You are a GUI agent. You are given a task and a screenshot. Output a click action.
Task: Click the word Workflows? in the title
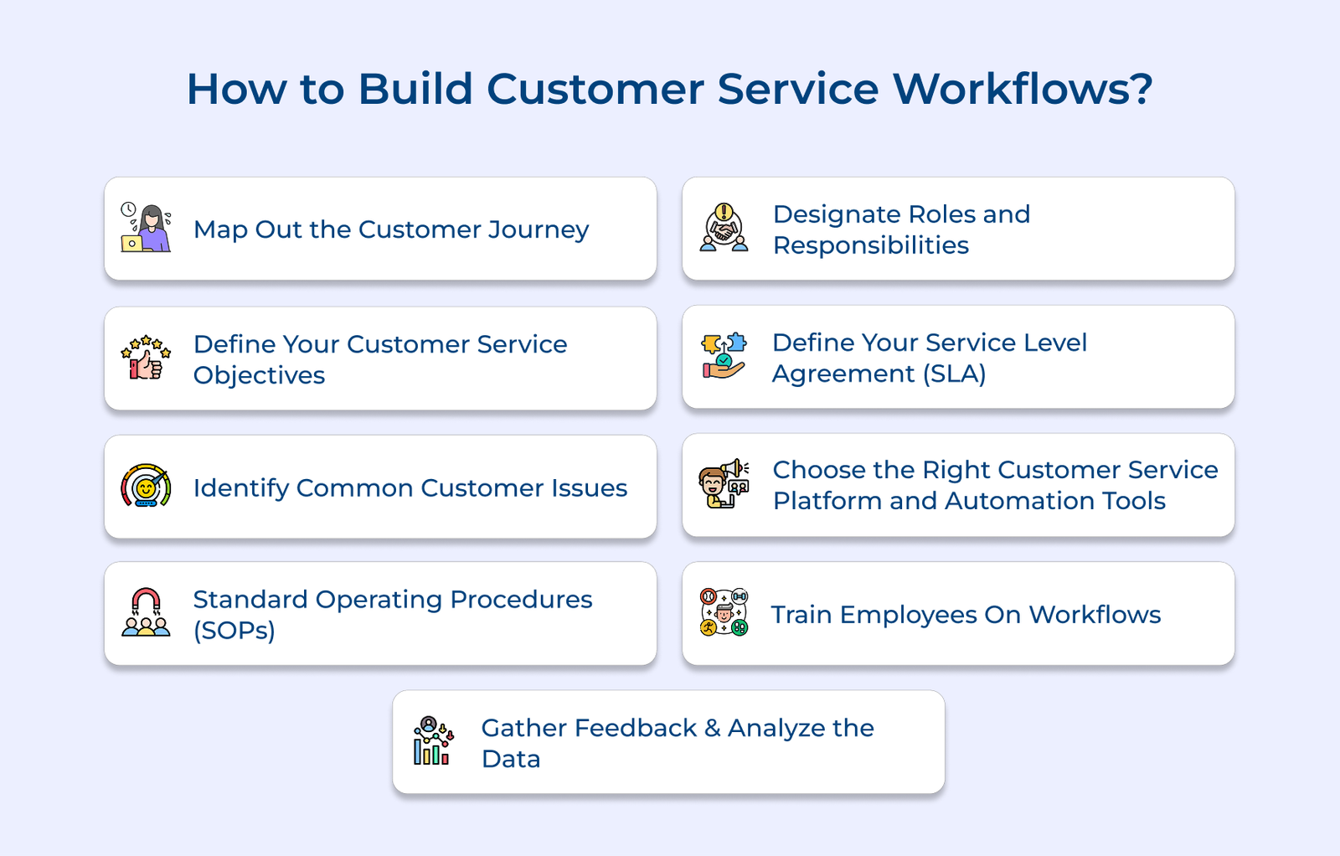point(1023,89)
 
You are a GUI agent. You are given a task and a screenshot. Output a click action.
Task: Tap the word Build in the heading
point(415,89)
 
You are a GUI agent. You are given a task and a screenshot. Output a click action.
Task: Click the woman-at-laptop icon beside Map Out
point(146,228)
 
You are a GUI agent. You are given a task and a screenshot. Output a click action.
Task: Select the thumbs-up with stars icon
point(146,358)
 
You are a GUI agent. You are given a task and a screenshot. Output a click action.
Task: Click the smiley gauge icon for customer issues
point(146,486)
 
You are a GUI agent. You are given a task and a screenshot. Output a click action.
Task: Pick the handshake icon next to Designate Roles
point(724,228)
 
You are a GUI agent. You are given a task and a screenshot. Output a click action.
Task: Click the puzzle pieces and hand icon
point(724,356)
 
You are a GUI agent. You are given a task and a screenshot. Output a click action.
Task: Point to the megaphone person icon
point(724,484)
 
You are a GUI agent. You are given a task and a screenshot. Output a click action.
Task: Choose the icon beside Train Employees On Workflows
point(724,612)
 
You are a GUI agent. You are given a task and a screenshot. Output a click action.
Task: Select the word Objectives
point(259,375)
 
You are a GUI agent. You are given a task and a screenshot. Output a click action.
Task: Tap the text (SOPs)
point(234,630)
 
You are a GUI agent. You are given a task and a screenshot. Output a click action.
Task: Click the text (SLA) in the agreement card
point(954,374)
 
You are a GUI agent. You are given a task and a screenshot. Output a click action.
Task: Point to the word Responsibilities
point(870,245)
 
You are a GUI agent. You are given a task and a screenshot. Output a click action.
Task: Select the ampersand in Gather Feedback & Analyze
point(712,728)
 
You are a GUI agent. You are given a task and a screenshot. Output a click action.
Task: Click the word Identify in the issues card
point(240,488)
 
